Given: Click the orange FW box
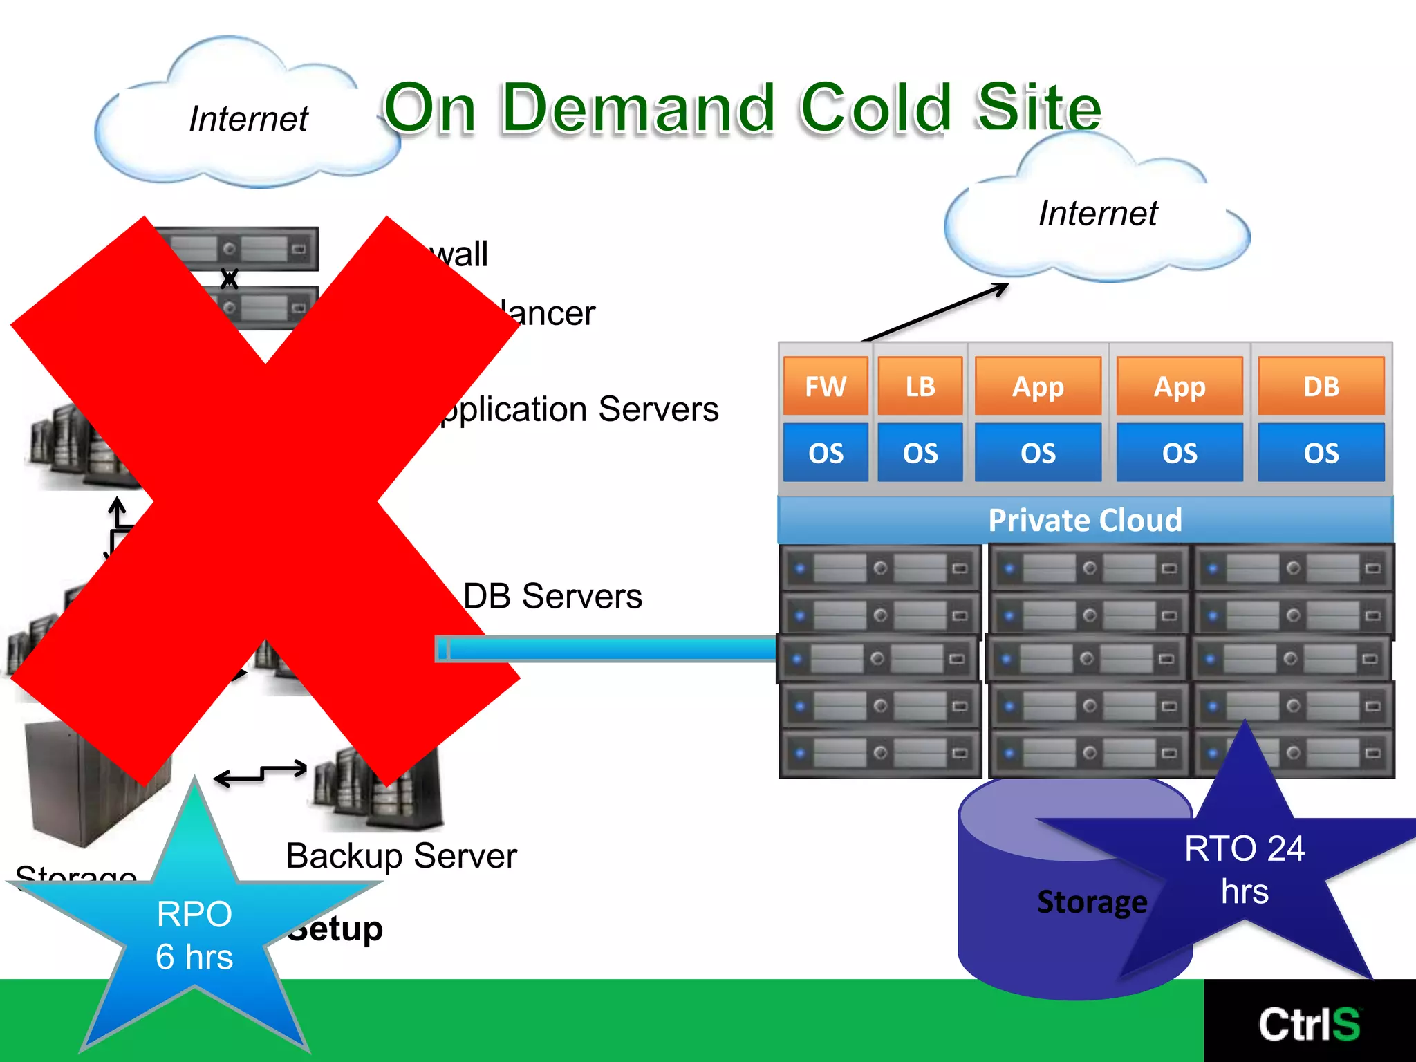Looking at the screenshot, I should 826,386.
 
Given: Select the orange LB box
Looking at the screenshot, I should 920,386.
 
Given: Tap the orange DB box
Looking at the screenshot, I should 1321,386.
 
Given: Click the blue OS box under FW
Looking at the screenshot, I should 826,453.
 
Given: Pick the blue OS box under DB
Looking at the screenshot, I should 1321,453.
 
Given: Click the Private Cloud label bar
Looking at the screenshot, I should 1084,520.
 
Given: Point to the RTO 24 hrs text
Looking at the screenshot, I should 1245,869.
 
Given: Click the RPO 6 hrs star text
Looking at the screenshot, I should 194,935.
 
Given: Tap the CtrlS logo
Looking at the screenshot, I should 1309,1024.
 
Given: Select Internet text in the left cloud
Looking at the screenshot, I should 248,119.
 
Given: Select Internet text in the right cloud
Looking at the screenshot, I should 1097,213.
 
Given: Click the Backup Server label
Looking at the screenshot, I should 401,856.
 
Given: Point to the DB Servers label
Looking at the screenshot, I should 552,596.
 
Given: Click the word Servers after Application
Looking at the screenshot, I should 658,409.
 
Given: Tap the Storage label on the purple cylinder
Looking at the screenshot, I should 1092,902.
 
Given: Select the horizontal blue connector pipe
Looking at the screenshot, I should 608,649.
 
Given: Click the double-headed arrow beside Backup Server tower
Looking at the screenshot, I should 261,774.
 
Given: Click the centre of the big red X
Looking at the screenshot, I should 266,501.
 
